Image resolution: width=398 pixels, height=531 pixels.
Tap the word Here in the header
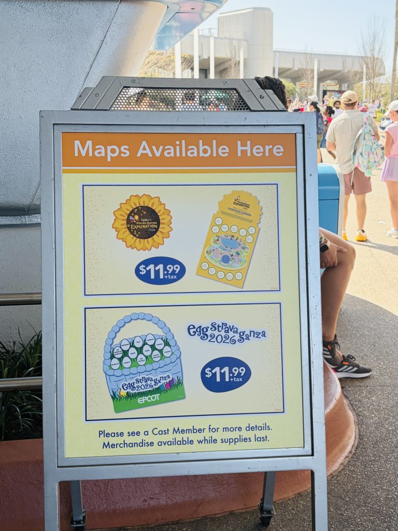(260, 149)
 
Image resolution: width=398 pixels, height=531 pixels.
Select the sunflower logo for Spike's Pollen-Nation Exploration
(142, 222)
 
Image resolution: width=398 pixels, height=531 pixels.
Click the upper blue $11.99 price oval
(160, 270)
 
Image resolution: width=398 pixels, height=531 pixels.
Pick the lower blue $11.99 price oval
(225, 374)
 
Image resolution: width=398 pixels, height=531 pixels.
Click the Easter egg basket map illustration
(144, 363)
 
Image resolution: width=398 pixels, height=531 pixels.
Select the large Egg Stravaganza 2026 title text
(226, 333)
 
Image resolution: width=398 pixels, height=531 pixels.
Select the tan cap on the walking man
(349, 97)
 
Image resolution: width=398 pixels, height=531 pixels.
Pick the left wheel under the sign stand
(78, 519)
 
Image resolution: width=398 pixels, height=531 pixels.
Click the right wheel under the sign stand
(266, 515)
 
